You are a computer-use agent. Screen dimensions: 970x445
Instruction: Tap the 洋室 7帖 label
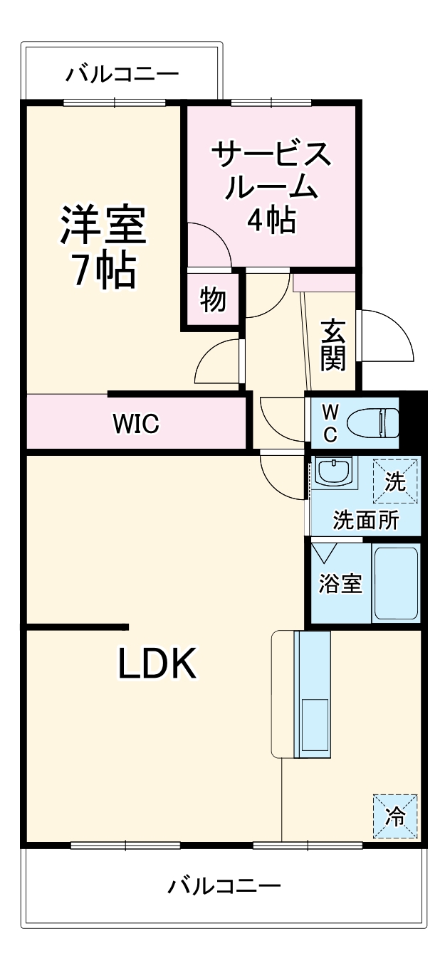(x=103, y=245)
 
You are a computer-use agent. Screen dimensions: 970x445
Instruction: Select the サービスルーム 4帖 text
(x=271, y=186)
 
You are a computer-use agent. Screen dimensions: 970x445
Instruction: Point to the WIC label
(x=135, y=425)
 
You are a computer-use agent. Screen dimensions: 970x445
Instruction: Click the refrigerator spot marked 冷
(x=394, y=816)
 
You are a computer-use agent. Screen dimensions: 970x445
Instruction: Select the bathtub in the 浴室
(x=396, y=583)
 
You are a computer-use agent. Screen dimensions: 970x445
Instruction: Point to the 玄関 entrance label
(x=333, y=345)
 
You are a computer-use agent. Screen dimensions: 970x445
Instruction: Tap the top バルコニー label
(x=122, y=74)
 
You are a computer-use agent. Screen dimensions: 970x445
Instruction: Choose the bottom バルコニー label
(x=224, y=886)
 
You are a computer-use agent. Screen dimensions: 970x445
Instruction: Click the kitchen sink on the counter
(x=313, y=724)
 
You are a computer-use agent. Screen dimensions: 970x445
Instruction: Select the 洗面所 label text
(x=365, y=520)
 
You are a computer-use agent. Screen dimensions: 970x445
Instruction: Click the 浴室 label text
(x=340, y=583)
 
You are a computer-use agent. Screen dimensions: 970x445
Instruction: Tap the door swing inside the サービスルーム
(x=208, y=245)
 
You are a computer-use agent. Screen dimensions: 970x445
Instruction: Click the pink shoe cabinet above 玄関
(x=324, y=282)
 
